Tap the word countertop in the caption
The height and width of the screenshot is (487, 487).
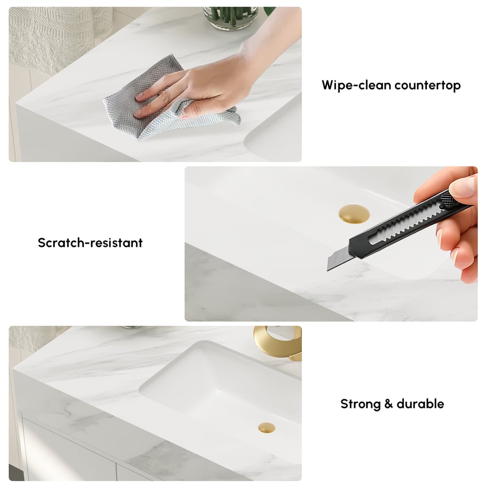click(x=427, y=86)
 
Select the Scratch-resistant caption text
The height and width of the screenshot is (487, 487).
click(x=90, y=243)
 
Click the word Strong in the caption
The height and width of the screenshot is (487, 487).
click(x=359, y=404)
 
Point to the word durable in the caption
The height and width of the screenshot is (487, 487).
click(x=420, y=404)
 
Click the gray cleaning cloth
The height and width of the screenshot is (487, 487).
click(x=146, y=110)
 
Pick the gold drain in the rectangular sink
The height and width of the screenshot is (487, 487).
click(x=266, y=428)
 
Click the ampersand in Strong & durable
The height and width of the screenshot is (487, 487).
click(x=388, y=404)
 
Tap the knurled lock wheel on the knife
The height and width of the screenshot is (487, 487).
click(x=447, y=200)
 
